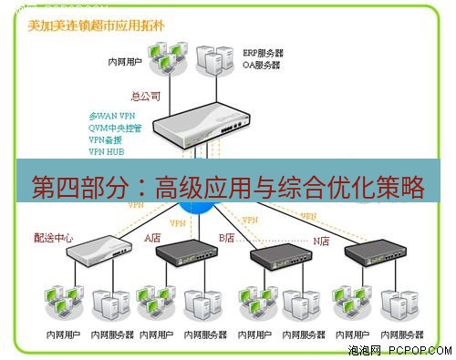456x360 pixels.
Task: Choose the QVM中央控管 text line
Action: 117,129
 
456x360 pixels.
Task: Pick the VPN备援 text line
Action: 106,140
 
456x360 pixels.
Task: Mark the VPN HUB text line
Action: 106,152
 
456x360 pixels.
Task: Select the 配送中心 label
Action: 53,238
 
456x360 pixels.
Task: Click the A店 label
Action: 152,238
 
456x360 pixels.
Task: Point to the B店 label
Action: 225,238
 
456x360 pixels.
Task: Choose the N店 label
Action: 322,241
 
